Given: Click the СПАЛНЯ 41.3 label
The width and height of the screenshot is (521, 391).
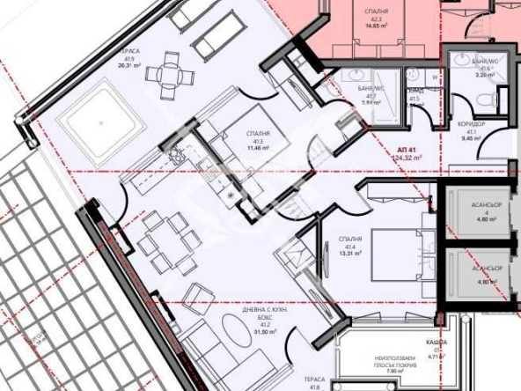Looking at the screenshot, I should pyautogui.click(x=258, y=136).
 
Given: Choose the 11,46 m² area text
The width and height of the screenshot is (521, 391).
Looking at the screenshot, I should pyautogui.click(x=258, y=148).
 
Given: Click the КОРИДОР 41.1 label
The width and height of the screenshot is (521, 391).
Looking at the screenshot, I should pyautogui.click(x=471, y=127).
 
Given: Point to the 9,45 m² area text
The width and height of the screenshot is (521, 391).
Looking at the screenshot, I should pyautogui.click(x=471, y=138).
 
